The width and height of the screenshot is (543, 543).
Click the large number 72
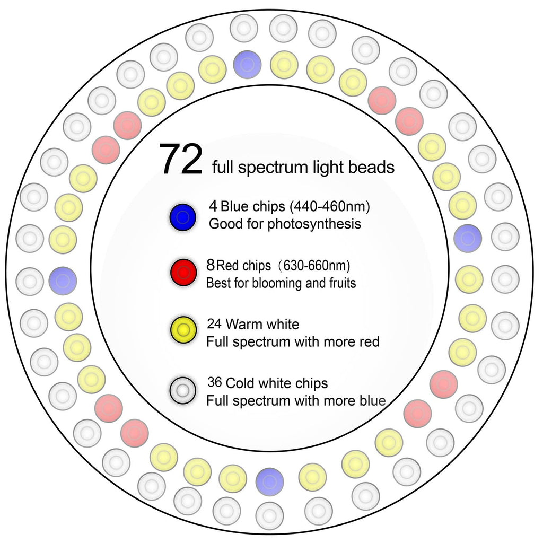(x=181, y=159)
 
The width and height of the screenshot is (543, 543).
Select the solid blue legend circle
(x=183, y=217)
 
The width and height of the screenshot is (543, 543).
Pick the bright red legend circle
(x=183, y=273)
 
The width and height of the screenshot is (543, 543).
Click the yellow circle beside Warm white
(x=183, y=330)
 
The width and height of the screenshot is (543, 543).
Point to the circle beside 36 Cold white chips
(x=183, y=391)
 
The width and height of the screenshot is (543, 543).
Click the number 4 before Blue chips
(x=213, y=206)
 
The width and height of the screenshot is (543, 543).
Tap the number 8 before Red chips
(x=211, y=265)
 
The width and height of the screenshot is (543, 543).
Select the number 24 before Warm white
(x=214, y=324)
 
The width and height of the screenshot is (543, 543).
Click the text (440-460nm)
(x=330, y=206)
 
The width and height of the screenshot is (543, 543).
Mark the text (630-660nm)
(x=317, y=266)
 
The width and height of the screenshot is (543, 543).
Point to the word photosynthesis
(x=314, y=224)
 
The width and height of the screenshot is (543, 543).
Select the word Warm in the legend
(x=242, y=324)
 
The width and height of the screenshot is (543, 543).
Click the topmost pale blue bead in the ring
(x=247, y=64)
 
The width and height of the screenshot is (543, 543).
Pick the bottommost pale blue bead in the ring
(x=270, y=481)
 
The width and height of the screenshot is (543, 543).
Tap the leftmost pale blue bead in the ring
(x=63, y=281)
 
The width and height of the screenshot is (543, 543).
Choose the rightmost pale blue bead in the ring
(x=468, y=238)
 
